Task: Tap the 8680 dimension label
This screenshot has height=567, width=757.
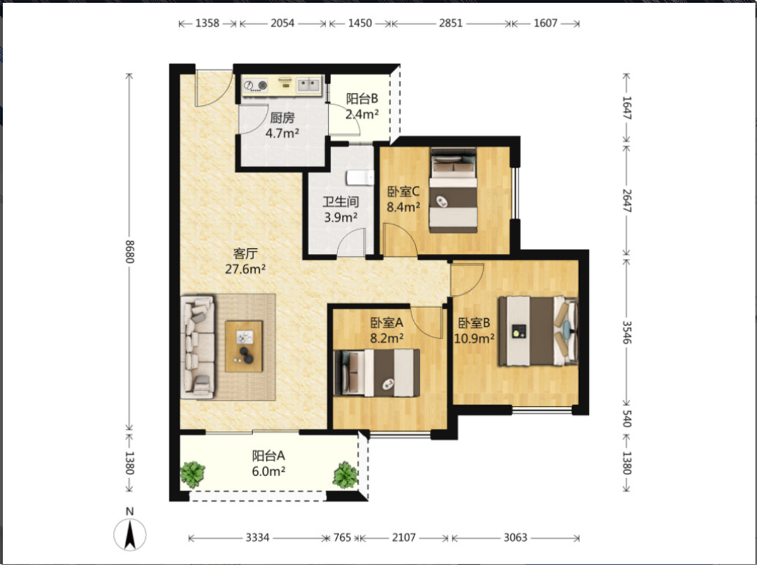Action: click(130, 251)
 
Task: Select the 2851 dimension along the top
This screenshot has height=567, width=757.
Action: click(451, 23)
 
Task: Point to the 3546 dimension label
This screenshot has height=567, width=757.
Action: click(626, 332)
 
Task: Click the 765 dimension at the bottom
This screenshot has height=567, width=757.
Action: click(342, 537)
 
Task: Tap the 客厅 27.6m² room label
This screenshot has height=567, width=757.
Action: click(245, 261)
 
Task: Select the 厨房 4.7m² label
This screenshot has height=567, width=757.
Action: click(282, 125)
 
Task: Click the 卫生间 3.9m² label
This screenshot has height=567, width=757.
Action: click(341, 209)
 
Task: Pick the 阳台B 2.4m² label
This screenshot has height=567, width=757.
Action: click(362, 106)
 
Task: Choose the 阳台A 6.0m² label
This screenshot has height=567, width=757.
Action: click(268, 464)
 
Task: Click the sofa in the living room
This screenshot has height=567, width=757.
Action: click(197, 347)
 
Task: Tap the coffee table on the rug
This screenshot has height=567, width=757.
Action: click(244, 346)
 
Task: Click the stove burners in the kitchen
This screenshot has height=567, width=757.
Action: click(256, 84)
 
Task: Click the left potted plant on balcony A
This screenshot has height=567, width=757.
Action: click(192, 474)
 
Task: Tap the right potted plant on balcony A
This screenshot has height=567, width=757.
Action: click(345, 475)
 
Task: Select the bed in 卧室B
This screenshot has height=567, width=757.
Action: click(538, 331)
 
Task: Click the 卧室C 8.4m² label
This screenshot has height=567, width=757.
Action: click(403, 199)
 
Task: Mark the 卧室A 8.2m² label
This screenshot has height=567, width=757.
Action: click(387, 331)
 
